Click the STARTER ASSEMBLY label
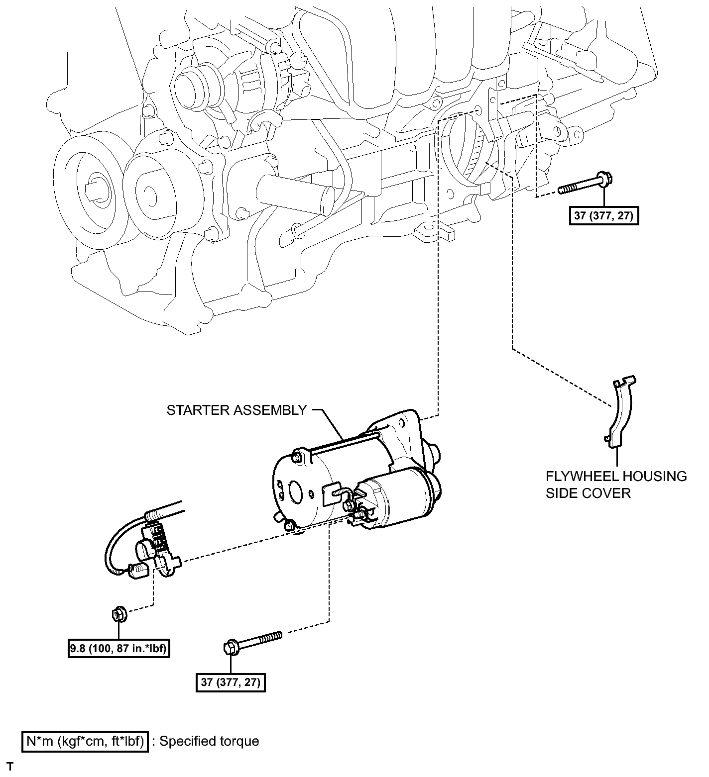coord(236,410)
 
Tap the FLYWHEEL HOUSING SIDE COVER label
coord(616,485)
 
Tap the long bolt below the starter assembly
coord(251,642)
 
